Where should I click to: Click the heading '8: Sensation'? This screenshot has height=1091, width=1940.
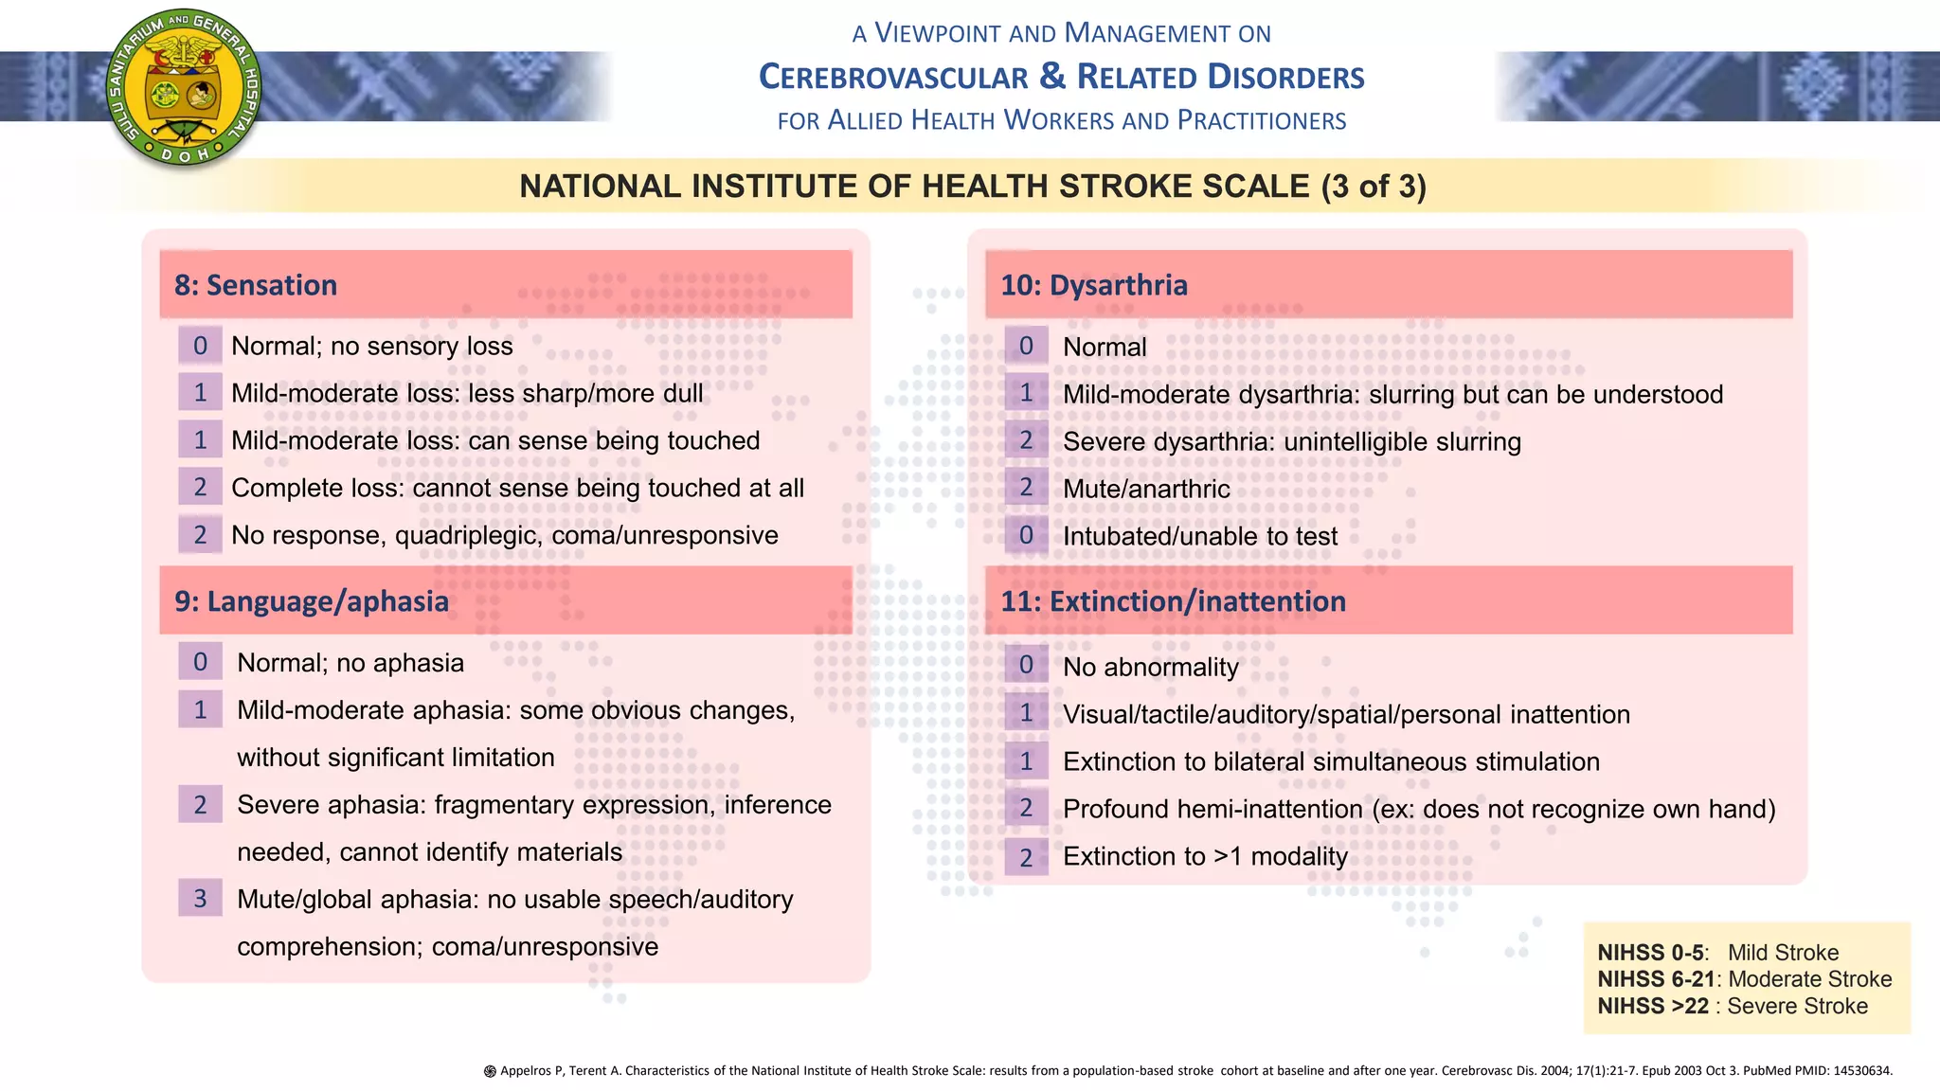tap(256, 285)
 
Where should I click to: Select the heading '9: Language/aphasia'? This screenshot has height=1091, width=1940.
tap(312, 601)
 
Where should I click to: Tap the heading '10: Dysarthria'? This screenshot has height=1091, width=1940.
tap(1094, 285)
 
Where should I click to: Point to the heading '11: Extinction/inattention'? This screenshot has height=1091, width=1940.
tap(1174, 601)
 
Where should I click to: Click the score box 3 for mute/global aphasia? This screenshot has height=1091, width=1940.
tap(200, 898)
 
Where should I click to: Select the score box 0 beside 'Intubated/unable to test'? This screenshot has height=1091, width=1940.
tap(1026, 535)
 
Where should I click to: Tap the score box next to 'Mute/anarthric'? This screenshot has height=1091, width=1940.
tap(1026, 488)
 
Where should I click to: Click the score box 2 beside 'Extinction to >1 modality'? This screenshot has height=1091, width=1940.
tap(1026, 857)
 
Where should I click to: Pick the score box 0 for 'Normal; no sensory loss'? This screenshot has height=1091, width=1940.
tap(200, 346)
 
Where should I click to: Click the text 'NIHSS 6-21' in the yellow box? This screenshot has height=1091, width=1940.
tap(1656, 979)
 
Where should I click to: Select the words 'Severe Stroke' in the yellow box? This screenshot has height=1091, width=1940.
tap(1797, 1006)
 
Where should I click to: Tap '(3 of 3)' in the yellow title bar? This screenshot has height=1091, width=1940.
tap(1374, 187)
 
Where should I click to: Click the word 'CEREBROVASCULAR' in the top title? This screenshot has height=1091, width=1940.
tap(893, 78)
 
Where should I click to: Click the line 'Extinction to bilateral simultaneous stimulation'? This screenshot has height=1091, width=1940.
tap(1331, 762)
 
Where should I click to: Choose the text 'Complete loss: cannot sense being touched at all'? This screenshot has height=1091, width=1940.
tap(517, 489)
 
